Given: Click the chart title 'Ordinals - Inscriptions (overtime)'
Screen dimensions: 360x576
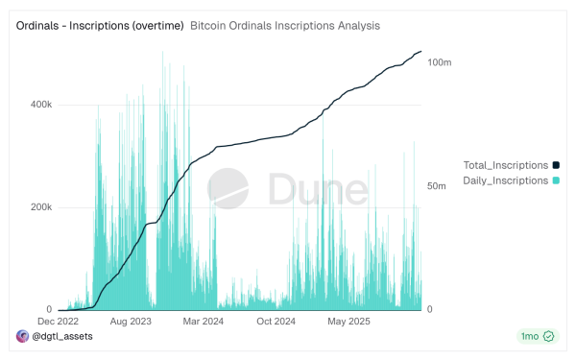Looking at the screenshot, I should (x=100, y=25).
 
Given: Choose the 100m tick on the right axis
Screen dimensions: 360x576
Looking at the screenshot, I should (x=440, y=62).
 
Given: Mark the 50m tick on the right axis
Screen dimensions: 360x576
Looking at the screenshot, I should (x=438, y=186).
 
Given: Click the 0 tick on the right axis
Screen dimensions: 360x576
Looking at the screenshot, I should (x=430, y=310).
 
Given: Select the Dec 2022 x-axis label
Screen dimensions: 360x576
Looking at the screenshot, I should (x=59, y=322).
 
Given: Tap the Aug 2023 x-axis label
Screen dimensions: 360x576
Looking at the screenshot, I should (x=131, y=322).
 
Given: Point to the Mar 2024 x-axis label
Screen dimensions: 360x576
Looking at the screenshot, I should (x=203, y=322).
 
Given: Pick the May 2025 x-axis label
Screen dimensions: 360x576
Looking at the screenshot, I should (x=348, y=322).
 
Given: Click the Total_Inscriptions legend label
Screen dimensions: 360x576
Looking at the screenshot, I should (x=506, y=165).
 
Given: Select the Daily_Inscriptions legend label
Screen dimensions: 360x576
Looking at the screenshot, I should (x=506, y=180).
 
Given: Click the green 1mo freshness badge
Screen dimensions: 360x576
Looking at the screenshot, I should (x=536, y=336).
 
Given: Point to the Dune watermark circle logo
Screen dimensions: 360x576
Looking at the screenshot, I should (x=231, y=188).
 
